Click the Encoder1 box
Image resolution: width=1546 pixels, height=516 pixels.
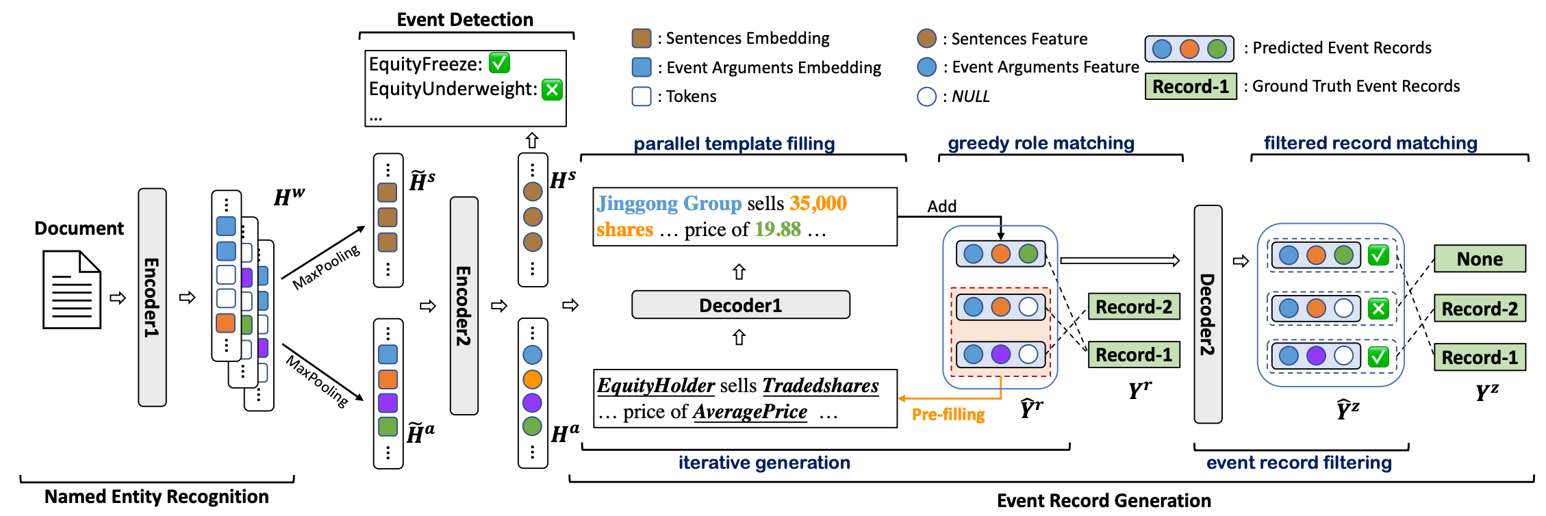click(x=152, y=297)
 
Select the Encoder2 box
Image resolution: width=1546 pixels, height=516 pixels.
click(x=464, y=305)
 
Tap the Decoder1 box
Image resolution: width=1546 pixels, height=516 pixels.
click(x=740, y=305)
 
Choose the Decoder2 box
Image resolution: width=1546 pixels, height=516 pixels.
click(x=1207, y=314)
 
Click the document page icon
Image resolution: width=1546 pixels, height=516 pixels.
click(x=72, y=289)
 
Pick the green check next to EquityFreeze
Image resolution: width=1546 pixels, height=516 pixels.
click(x=499, y=63)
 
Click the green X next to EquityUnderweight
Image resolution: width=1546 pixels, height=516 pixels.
click(x=552, y=90)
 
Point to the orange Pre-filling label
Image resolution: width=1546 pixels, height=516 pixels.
click(x=948, y=414)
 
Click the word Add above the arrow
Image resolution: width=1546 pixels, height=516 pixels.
click(x=941, y=206)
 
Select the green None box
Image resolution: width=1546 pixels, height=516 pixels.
click(x=1480, y=259)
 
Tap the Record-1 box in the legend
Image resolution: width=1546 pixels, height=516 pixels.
click(x=1191, y=86)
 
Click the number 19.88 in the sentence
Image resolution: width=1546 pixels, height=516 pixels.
click(x=778, y=229)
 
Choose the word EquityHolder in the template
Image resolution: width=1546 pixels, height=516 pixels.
click(x=656, y=385)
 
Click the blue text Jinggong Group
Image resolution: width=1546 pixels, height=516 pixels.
click(x=669, y=203)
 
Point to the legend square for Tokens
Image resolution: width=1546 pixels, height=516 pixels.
click(x=642, y=96)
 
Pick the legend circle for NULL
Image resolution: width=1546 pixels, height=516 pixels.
click(x=926, y=96)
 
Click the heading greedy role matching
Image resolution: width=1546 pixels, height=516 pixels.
click(x=1041, y=143)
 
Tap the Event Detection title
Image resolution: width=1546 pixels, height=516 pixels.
click(x=465, y=20)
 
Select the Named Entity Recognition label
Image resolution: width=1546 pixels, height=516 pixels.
click(x=156, y=496)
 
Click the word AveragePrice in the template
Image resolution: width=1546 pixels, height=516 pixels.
click(x=750, y=411)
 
